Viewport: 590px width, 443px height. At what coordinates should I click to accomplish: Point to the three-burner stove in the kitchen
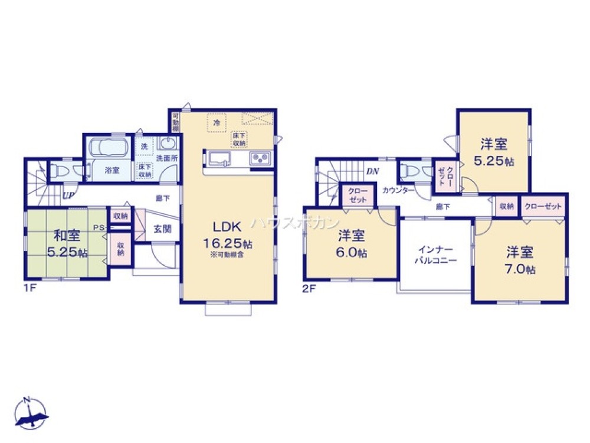(260, 159)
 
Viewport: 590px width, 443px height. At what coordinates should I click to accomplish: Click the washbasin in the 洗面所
(168, 144)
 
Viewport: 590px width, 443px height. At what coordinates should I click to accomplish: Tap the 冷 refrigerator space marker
(217, 123)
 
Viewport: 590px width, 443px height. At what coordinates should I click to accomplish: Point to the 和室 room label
(67, 236)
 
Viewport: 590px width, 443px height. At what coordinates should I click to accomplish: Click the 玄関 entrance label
(163, 229)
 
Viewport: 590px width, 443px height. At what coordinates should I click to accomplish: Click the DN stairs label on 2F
(372, 171)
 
